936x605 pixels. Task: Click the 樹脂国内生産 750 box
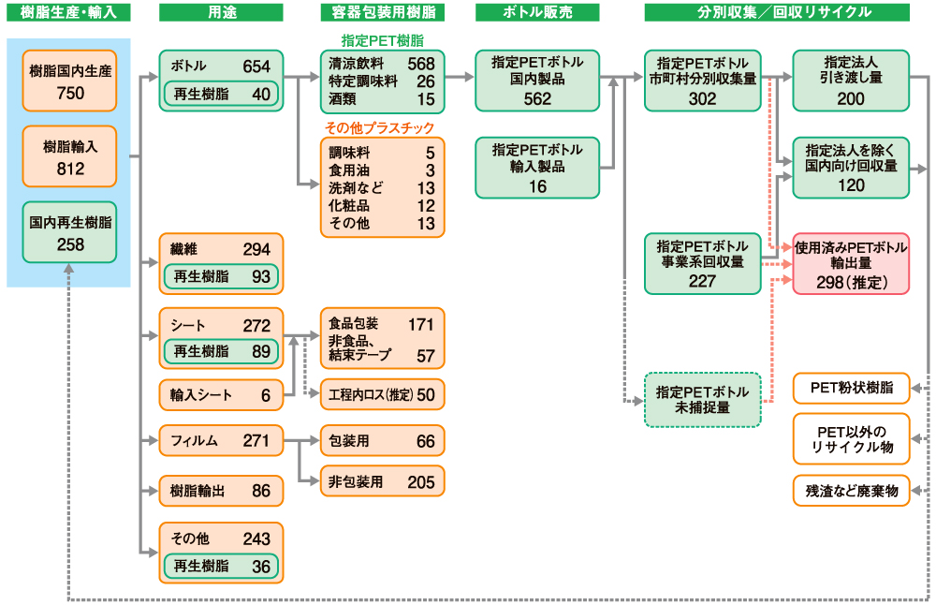coord(70,81)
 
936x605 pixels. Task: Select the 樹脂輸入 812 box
coord(70,157)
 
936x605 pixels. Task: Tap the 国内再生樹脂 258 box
coord(70,233)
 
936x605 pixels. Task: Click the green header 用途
coord(221,13)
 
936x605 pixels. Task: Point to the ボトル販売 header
coord(537,13)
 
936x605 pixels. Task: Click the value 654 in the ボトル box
coord(256,66)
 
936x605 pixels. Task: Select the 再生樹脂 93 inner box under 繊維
coord(221,277)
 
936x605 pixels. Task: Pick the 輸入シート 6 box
coord(221,395)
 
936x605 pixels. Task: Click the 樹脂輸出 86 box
coord(221,490)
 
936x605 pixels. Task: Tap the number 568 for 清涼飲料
coord(420,64)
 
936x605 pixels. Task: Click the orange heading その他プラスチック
coord(380,128)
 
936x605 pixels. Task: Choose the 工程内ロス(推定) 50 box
coord(381,394)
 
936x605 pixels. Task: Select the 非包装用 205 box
coord(381,482)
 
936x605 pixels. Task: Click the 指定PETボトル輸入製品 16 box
coord(537,169)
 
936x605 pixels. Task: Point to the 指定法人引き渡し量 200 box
coord(851,81)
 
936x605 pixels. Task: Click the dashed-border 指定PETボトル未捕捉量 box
coord(702,400)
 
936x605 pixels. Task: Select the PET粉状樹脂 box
coord(851,388)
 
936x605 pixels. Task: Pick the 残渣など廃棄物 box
coord(851,490)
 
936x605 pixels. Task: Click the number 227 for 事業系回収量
coord(702,281)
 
